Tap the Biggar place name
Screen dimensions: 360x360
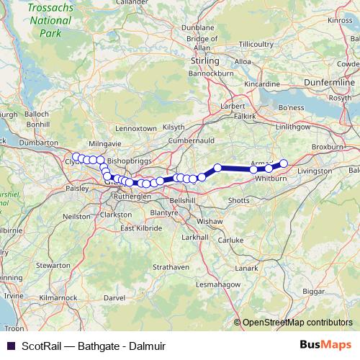coord(313,293)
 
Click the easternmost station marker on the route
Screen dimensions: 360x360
coord(284,163)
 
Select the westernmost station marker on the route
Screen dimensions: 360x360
coord(76,156)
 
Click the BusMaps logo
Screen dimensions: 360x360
coord(325,344)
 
